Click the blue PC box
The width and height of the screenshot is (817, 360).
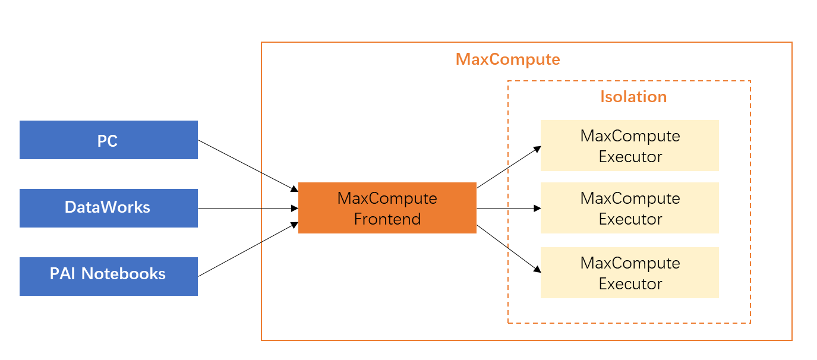[108, 140]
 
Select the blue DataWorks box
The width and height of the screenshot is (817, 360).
[108, 208]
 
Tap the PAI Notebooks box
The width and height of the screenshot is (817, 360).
[108, 276]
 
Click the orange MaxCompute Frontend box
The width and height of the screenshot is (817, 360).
[387, 208]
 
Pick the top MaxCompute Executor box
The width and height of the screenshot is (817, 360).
[629, 146]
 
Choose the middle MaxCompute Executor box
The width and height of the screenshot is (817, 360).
[629, 208]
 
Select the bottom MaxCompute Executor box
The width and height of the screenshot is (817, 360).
[629, 273]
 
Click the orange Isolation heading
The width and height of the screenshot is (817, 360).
[633, 97]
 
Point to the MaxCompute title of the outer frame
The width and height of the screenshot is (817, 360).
[507, 59]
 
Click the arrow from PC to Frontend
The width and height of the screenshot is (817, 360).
[247, 166]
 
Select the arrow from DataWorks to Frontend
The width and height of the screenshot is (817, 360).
[247, 209]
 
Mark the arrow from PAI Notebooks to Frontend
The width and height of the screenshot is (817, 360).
[247, 250]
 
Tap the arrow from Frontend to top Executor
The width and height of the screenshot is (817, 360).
[509, 167]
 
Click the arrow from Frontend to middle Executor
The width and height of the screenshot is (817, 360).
[509, 209]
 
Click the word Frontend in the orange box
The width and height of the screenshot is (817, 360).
[387, 219]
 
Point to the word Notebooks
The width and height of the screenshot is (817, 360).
[124, 274]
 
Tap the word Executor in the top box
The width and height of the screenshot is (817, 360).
[630, 157]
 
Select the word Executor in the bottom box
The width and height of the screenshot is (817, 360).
[630, 284]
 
